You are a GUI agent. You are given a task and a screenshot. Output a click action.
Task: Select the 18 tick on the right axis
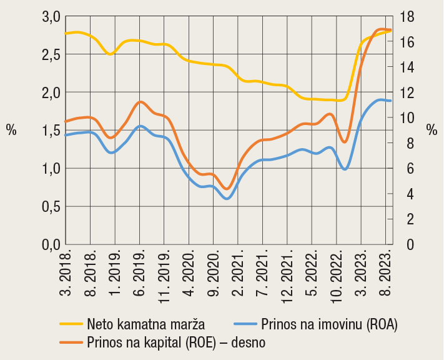[408, 16]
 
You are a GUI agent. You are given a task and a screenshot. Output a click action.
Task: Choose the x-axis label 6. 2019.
[141, 269]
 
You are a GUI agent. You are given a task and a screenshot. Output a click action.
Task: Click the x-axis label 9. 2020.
[214, 269]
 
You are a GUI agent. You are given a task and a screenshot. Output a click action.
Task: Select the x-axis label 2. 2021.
[239, 269]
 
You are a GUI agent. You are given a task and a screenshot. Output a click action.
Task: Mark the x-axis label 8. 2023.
[387, 269]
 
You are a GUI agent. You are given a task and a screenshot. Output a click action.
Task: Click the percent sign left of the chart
[11, 130]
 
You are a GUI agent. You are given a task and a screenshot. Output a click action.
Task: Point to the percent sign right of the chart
[432, 130]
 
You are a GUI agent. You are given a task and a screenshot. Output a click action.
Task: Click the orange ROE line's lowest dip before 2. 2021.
[227, 188]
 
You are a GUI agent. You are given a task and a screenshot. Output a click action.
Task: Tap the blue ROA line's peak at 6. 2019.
[141, 126]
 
